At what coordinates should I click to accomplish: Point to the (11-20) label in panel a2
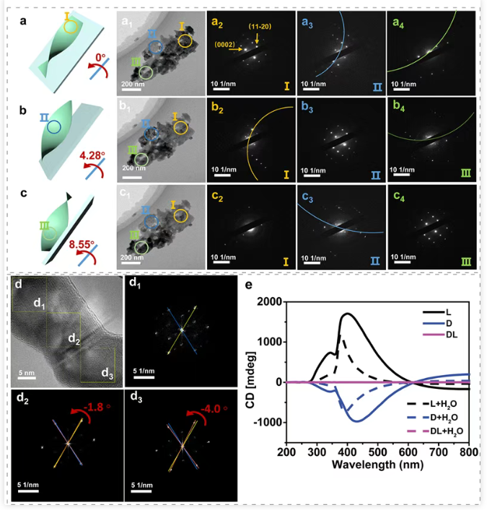point(260,27)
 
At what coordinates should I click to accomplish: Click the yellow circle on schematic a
point(70,27)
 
